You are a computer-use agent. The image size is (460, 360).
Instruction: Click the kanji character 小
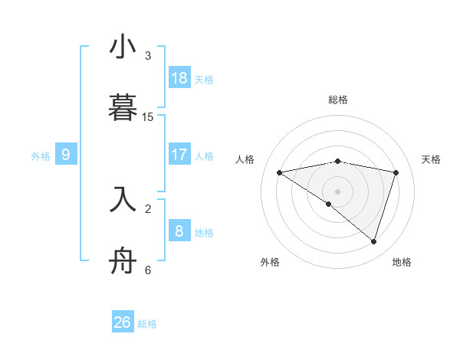click(123, 48)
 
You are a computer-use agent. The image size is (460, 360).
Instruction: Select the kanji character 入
click(123, 198)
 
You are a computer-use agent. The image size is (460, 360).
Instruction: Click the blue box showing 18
click(179, 77)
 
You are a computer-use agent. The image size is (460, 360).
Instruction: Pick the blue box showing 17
click(179, 154)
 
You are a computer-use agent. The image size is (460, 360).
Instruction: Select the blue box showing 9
click(66, 154)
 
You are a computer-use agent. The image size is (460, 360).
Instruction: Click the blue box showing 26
click(123, 322)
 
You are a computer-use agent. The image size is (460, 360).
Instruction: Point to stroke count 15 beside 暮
click(149, 117)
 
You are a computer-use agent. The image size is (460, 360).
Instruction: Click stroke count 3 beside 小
click(148, 56)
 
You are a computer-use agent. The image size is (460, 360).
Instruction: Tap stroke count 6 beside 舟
click(148, 270)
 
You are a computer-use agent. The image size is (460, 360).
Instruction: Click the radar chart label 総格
click(338, 100)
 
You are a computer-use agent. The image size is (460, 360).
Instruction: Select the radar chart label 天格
click(432, 159)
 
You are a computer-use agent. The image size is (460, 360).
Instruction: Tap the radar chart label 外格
click(270, 262)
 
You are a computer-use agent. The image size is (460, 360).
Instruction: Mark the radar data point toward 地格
click(374, 241)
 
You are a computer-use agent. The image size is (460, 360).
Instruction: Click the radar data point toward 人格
click(280, 172)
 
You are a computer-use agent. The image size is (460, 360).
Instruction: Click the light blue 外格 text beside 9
click(41, 155)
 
